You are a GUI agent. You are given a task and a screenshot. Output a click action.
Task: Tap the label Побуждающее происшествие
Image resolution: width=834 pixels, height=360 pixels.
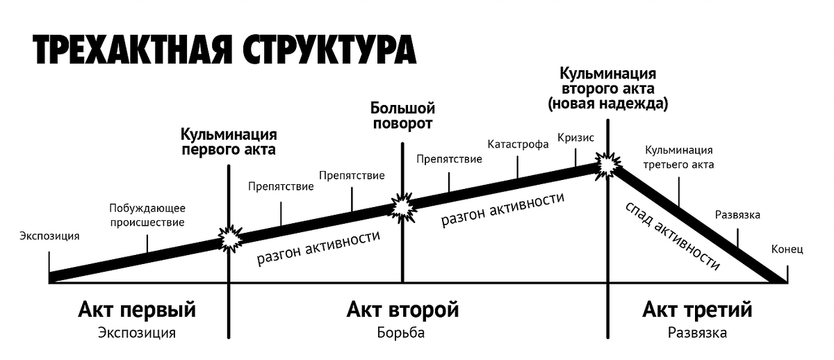(147, 215)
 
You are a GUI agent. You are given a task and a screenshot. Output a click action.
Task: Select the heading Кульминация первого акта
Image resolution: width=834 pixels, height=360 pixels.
(229, 141)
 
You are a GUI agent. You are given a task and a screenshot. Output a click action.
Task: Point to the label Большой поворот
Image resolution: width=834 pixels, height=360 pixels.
(402, 116)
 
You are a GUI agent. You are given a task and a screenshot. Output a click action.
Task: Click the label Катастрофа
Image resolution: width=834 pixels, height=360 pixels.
(518, 145)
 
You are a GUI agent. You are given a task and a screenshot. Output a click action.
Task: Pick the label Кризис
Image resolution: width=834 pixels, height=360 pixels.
(575, 138)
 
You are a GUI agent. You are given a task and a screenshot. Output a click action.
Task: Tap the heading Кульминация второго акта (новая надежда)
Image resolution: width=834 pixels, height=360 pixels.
(608, 89)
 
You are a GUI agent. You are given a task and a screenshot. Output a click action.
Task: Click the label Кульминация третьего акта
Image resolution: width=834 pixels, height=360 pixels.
(679, 158)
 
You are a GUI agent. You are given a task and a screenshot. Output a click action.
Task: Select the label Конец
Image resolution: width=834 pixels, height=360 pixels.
(787, 249)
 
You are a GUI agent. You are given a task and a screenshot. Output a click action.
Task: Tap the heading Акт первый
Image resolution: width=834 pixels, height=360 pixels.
(137, 309)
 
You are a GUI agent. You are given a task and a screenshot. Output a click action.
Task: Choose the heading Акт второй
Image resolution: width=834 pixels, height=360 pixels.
(402, 309)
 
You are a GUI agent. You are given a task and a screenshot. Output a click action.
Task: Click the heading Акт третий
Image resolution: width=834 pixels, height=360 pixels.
(697, 309)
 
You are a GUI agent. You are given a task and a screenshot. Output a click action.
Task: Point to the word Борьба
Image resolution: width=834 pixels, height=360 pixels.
(402, 333)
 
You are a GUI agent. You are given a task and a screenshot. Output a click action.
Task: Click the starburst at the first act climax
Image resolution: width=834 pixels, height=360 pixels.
(229, 238)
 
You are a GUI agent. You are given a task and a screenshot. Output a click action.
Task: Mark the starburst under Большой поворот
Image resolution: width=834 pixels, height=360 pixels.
(402, 206)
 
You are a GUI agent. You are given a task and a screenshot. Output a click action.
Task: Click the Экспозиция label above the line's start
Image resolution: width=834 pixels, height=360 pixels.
(49, 236)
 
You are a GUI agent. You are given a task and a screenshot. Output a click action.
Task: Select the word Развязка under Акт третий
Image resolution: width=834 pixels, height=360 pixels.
(697, 333)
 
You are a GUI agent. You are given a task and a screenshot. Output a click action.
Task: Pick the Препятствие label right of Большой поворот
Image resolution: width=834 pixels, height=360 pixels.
(449, 159)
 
